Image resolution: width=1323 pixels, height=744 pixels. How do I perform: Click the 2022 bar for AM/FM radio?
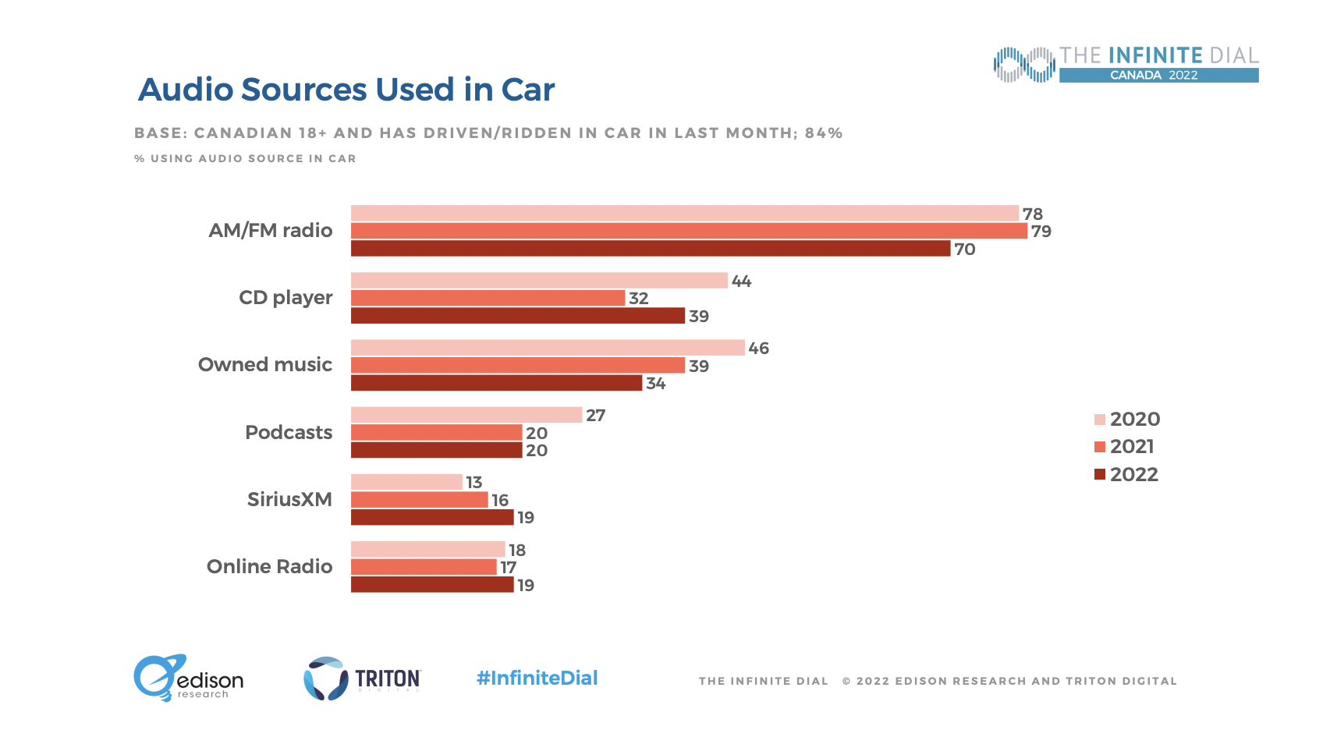click(651, 249)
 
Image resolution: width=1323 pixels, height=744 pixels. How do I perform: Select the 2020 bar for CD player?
click(539, 281)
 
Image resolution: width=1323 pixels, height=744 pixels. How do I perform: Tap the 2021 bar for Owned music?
click(518, 365)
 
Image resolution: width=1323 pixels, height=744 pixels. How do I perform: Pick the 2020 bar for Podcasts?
click(466, 415)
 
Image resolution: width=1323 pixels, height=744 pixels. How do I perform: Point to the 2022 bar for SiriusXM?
click(432, 517)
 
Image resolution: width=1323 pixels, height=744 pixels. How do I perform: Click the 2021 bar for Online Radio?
click(424, 567)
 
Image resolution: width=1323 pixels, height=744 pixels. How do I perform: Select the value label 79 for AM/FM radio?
click(1041, 232)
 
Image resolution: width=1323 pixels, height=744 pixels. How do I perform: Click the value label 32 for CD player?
click(638, 299)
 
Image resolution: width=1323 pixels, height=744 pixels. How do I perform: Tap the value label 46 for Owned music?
click(758, 349)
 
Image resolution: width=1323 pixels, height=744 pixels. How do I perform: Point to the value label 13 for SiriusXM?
click(474, 483)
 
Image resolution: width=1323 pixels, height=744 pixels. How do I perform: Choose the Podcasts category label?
click(289, 432)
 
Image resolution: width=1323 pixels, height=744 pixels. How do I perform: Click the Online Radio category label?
click(269, 566)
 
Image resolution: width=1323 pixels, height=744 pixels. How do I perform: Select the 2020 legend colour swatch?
click(1100, 420)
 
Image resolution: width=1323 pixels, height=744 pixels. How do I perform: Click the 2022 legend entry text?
click(1133, 474)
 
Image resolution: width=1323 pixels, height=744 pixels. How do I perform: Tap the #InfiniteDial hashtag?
click(537, 678)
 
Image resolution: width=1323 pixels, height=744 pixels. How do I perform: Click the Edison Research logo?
click(188, 678)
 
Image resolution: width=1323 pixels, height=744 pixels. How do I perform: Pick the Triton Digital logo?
click(362, 678)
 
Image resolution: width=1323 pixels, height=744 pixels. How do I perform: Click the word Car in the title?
click(528, 90)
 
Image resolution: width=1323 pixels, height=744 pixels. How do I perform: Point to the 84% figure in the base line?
click(824, 133)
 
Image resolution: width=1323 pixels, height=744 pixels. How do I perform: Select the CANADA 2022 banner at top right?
click(1158, 75)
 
